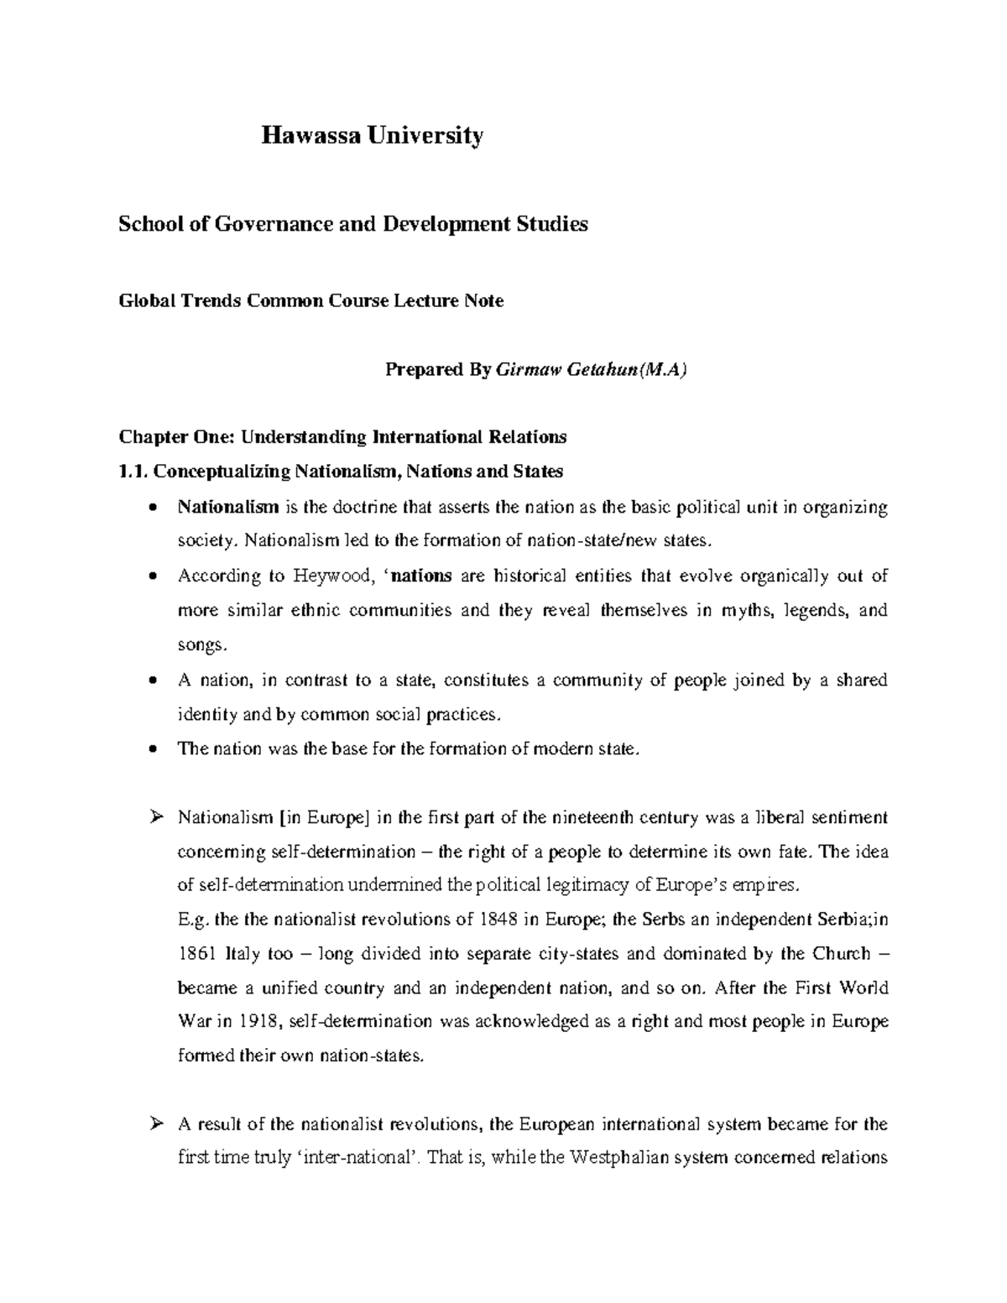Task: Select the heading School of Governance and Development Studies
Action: [x=353, y=224]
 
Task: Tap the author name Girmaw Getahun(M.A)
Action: [x=592, y=370]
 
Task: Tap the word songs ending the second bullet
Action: [x=201, y=645]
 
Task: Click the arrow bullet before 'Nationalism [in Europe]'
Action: [x=153, y=817]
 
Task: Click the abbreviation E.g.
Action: [x=194, y=919]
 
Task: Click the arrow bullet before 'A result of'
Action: [x=153, y=1123]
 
